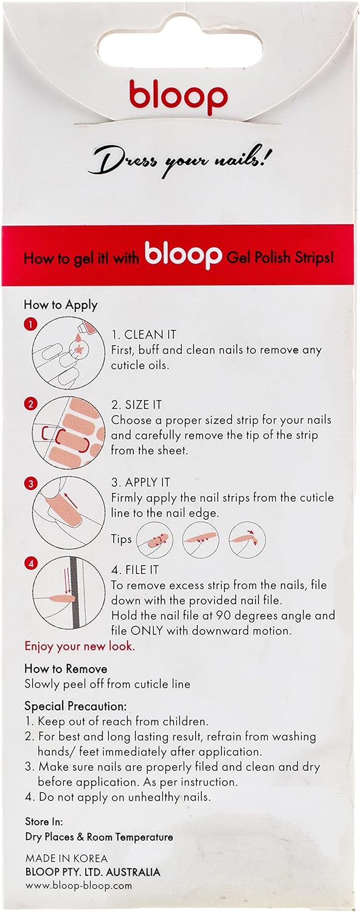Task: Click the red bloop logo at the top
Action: click(178, 97)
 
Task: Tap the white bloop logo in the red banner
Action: click(183, 256)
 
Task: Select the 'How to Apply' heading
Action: click(61, 305)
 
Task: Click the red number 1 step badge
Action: click(30, 325)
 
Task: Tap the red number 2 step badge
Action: click(30, 404)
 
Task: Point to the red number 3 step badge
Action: click(30, 484)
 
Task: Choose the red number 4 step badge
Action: click(30, 564)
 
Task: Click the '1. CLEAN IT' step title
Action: click(144, 334)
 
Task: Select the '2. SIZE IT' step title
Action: click(136, 405)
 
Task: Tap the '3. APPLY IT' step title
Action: click(140, 483)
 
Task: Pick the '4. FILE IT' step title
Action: click(135, 570)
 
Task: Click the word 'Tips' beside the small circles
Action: click(122, 539)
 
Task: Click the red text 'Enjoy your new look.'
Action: click(80, 646)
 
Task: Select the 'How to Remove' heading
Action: click(66, 669)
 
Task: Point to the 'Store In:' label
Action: click(44, 821)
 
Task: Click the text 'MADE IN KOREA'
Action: click(66, 858)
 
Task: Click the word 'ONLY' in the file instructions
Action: click(147, 630)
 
